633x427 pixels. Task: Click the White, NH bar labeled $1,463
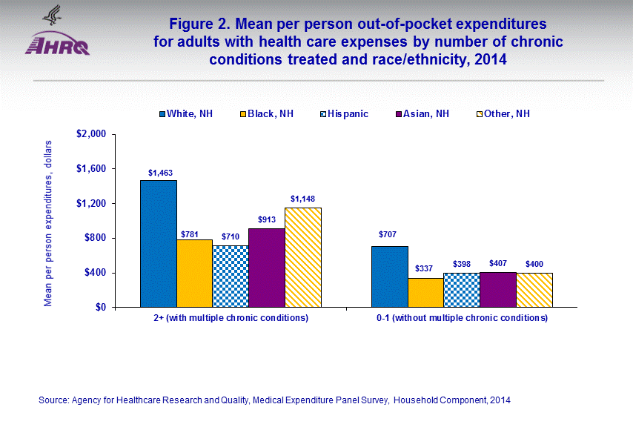[x=159, y=243]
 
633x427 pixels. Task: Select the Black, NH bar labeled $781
[x=194, y=273]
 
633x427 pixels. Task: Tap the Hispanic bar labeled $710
[x=231, y=276]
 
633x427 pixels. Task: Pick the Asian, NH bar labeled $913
[x=267, y=267]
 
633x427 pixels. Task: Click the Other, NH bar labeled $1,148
[x=303, y=257]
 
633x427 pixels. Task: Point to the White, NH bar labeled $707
[x=390, y=276]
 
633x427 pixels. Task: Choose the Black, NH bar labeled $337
[x=425, y=292]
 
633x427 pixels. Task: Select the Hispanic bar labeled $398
[x=462, y=290]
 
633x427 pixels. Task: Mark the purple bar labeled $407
[x=498, y=289]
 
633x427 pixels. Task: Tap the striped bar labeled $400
[x=534, y=290]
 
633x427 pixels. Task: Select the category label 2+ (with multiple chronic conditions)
[x=231, y=319]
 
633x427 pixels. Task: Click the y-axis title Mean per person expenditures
[x=48, y=222]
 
